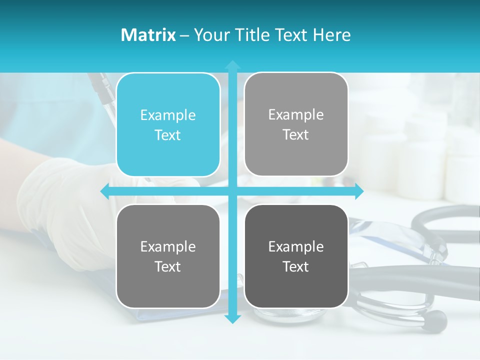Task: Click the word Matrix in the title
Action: coord(148,35)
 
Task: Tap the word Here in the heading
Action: coord(332,35)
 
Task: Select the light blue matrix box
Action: coord(168,125)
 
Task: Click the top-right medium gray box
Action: coord(296,124)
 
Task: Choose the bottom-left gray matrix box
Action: coord(168,256)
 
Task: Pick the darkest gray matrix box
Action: coord(296,256)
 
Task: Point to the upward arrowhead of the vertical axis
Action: coord(232,64)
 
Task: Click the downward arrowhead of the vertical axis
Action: coord(232,318)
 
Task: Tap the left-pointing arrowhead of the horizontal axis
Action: coord(105,191)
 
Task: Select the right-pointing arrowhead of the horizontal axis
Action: coord(358,191)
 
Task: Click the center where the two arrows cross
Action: coord(232,191)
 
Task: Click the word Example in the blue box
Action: coord(168,115)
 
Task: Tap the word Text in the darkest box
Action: coord(296,266)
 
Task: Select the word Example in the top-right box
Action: coord(296,115)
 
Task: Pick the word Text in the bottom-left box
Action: coord(168,266)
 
